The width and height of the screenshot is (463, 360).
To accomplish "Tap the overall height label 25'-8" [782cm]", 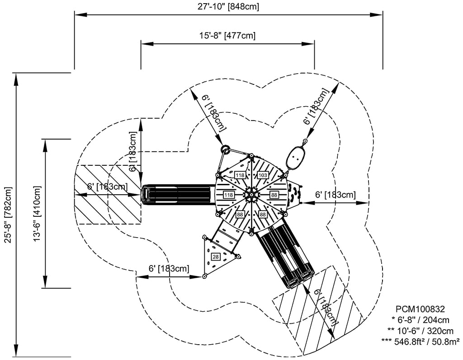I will pyautogui.click(x=7, y=214).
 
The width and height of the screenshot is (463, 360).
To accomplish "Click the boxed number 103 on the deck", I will pyautogui.click(x=263, y=175).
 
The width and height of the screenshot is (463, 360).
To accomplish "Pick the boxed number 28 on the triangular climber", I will pyautogui.click(x=216, y=257).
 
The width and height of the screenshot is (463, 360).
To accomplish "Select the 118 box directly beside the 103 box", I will pyautogui.click(x=239, y=175).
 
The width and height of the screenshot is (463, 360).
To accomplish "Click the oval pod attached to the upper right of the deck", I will pyautogui.click(x=295, y=156).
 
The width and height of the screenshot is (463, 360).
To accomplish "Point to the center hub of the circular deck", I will pyautogui.click(x=250, y=194).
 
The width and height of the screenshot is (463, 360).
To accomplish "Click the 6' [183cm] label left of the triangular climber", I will pyautogui.click(x=169, y=268).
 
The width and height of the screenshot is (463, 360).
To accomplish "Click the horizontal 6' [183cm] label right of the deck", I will pyautogui.click(x=335, y=195).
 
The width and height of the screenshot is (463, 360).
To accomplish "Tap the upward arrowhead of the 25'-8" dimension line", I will pyautogui.click(x=17, y=78).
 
